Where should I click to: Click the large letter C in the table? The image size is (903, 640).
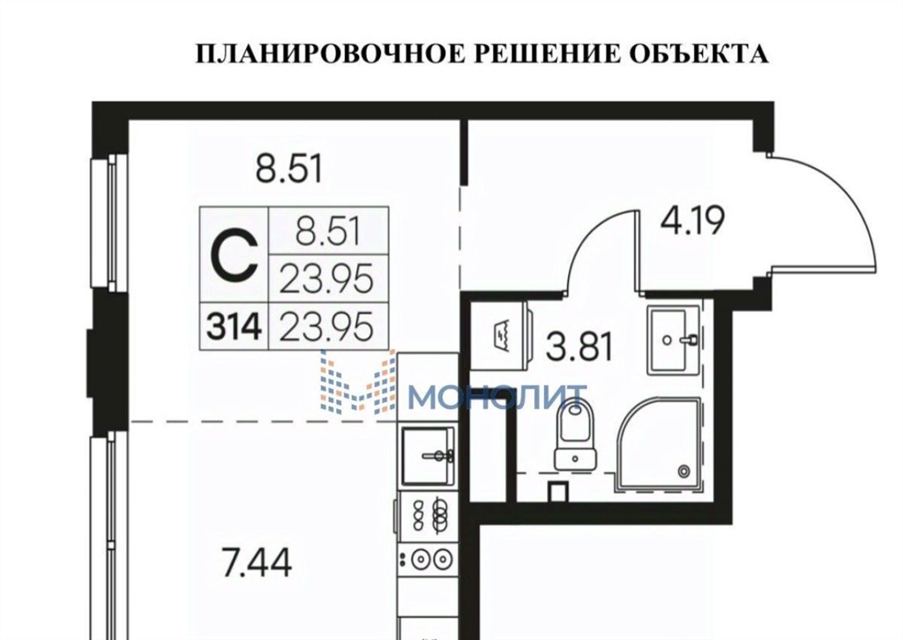(234, 255)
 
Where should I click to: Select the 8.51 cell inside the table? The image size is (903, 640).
(327, 232)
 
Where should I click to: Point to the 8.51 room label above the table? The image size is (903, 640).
(289, 169)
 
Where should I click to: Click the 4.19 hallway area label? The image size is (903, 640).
(691, 221)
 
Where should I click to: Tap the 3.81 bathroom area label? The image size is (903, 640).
(578, 347)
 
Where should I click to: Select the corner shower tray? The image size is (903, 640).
(659, 445)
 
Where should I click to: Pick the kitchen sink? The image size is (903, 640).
(428, 457)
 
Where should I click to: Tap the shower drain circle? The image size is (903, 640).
(684, 470)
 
